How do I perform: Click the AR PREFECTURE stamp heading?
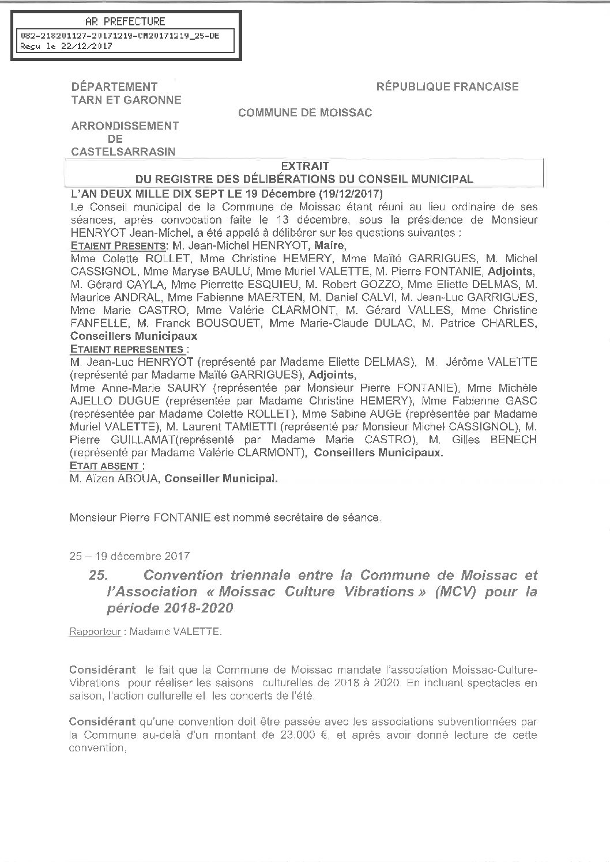[x=125, y=22]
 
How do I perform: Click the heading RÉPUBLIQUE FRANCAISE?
[x=447, y=87]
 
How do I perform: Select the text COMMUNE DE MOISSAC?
[x=305, y=113]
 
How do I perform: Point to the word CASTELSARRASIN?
[x=123, y=152]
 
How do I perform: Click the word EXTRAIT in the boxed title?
[x=304, y=167]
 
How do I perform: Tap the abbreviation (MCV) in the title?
[x=449, y=592]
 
